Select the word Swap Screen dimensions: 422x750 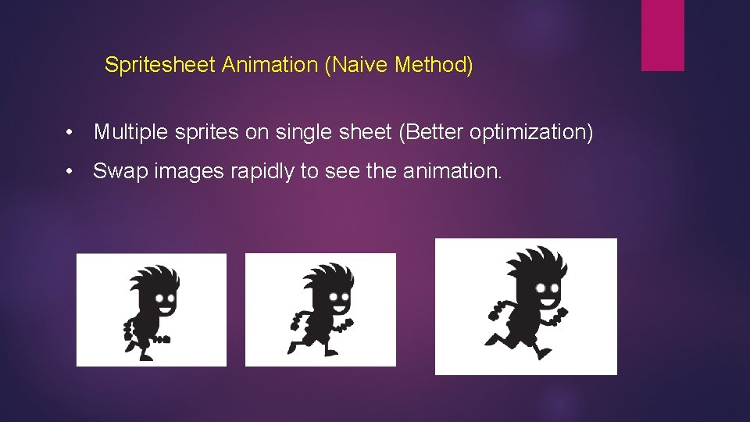click(x=115, y=171)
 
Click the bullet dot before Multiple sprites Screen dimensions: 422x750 click(x=70, y=134)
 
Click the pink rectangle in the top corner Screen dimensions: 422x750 click(x=662, y=35)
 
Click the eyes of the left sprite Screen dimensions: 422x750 click(x=165, y=298)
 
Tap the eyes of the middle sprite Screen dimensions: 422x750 click(x=339, y=298)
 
